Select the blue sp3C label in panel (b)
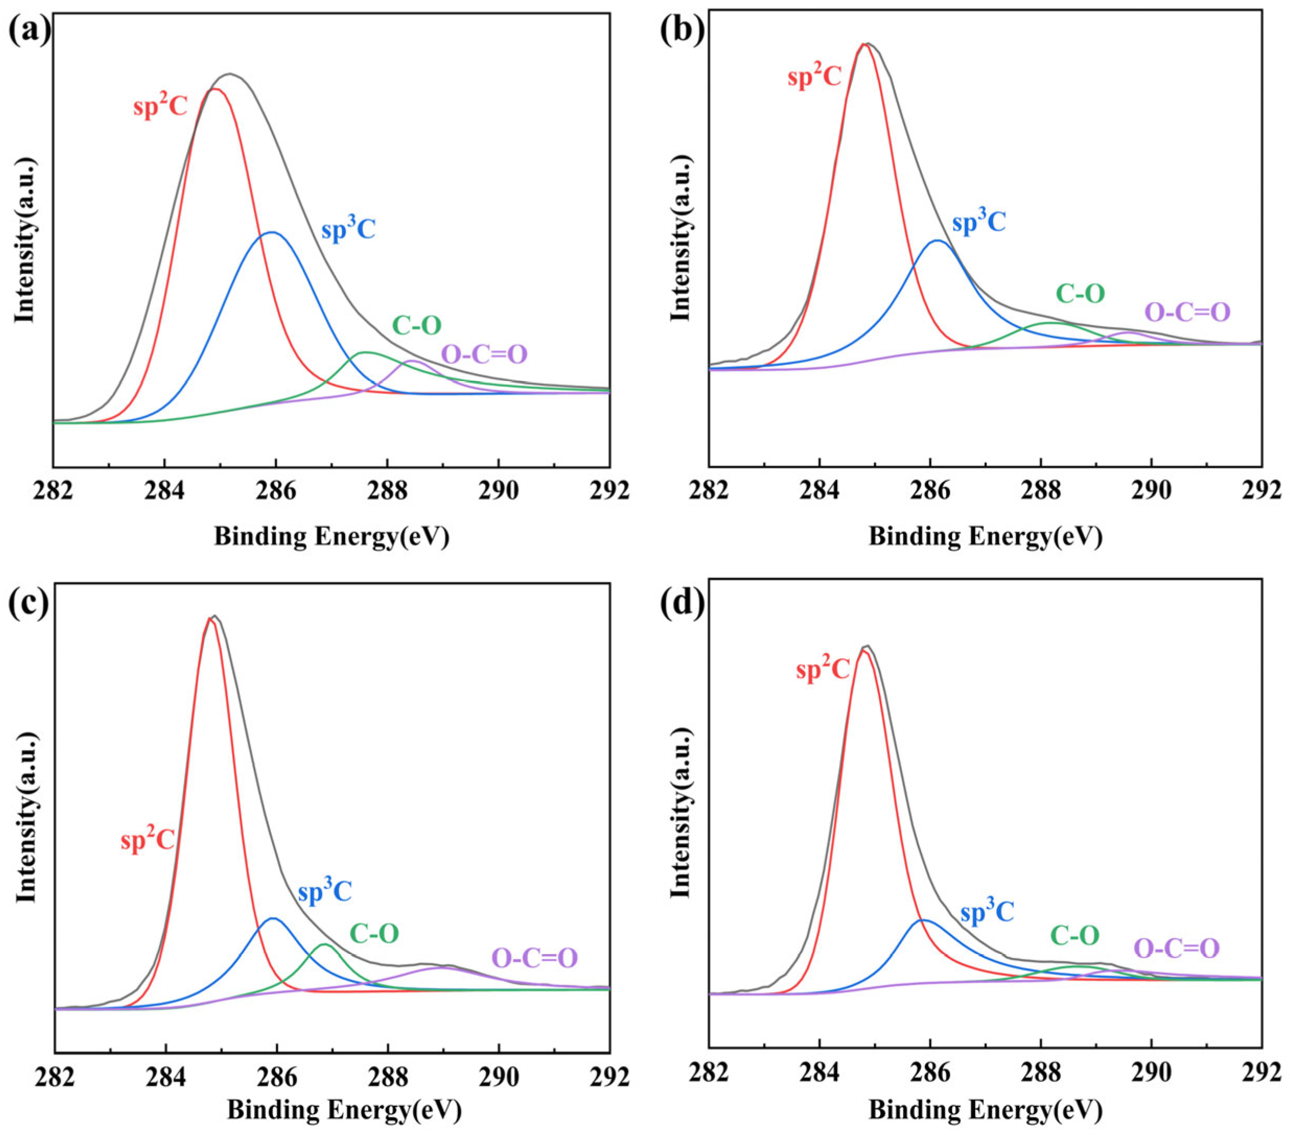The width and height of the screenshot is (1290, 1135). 979,222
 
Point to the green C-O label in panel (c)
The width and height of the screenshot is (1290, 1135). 374,933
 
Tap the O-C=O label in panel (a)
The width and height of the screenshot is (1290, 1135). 484,354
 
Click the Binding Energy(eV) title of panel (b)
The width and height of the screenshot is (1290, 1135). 985,537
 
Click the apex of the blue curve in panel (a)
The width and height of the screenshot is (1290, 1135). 272,232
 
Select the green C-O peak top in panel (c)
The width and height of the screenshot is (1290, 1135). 324,962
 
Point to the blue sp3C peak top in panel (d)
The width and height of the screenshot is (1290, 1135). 922,938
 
